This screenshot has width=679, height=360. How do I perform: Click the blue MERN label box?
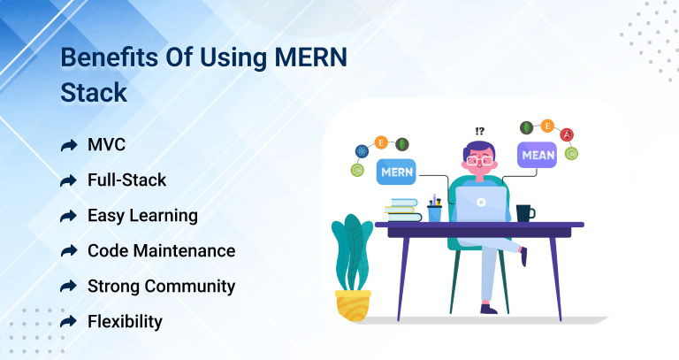click(396, 172)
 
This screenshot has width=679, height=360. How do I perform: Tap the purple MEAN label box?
click(537, 155)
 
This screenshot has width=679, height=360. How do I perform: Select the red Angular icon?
click(567, 135)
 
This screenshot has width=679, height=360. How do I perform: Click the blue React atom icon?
click(362, 151)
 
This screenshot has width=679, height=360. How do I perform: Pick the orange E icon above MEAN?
click(547, 126)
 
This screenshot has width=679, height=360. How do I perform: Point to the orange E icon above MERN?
click(381, 142)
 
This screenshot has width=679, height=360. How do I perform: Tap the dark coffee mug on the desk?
click(525, 213)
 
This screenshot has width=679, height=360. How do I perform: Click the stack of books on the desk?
click(403, 211)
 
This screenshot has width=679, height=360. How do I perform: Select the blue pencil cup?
click(434, 213)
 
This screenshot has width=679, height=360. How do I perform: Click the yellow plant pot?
click(353, 305)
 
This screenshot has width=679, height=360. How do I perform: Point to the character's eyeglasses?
click(480, 161)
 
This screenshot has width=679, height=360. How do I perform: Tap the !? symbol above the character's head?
click(479, 131)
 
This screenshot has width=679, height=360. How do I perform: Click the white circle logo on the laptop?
click(481, 203)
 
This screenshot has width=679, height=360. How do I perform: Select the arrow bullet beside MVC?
click(68, 145)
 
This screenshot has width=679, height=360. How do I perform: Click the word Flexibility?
click(125, 321)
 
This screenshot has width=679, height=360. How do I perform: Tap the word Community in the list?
click(190, 287)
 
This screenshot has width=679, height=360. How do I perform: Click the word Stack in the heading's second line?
click(94, 92)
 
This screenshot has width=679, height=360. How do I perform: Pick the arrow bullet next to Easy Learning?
click(68, 216)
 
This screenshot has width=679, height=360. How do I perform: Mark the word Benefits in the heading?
click(110, 57)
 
